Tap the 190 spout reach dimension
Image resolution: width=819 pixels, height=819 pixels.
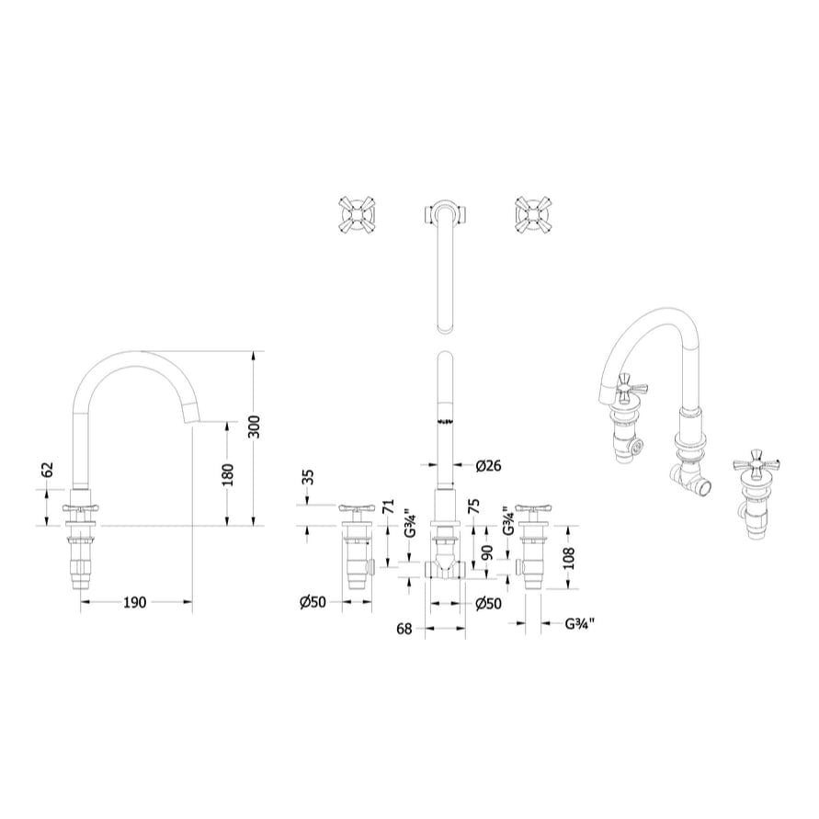pos(135,603)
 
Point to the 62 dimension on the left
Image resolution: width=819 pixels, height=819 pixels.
pos(50,471)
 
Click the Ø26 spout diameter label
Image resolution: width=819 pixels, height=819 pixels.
pos(488,466)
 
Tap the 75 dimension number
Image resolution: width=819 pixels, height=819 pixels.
pos(473,506)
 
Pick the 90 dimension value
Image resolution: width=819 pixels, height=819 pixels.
pos(488,552)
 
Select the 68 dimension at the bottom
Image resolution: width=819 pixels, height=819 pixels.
pos(404,629)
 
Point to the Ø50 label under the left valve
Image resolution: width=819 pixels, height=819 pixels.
pos(313,603)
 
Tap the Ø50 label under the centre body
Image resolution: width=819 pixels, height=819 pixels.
pos(488,603)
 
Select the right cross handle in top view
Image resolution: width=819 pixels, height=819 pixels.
pos(532,213)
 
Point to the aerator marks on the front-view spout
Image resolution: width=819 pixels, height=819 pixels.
pos(445,421)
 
